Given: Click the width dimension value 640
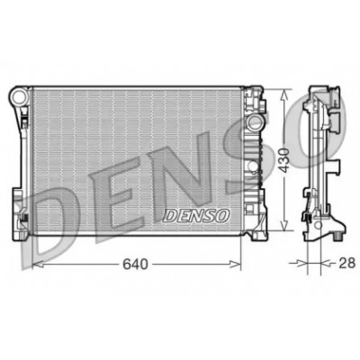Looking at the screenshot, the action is tap(135, 264).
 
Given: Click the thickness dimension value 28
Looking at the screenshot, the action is tap(347, 263).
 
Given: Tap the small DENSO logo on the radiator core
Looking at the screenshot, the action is tap(196, 216).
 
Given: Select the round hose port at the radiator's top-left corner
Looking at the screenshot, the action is tap(20, 96).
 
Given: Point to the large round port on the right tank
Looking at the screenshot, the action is tap(255, 122).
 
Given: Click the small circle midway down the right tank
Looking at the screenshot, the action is tap(254, 166).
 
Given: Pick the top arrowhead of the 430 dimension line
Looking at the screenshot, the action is tap(283, 95).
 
